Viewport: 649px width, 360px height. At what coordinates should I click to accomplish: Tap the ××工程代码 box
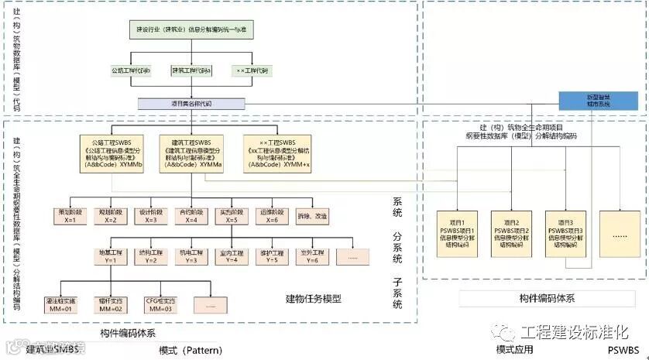click(253, 70)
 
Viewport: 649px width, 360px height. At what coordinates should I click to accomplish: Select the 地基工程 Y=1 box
click(110, 257)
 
